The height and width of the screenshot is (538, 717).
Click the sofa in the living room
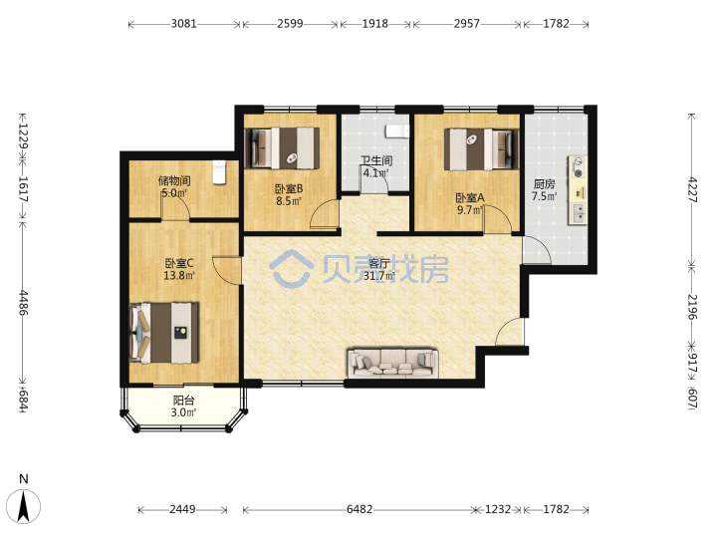pos(392,363)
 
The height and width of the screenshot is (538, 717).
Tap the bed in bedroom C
pos(164,333)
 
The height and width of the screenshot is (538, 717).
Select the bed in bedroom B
pos(282,147)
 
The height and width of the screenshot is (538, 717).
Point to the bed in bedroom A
pos(482,149)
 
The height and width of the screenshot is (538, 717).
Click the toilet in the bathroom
pos(397,132)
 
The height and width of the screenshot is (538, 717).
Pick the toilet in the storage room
pos(219,172)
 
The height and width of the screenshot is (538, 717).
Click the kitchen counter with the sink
pos(578,190)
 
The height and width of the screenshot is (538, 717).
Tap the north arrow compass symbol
pos(24,505)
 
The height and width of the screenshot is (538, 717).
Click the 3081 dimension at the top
pos(184,23)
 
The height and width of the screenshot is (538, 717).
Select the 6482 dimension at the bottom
pos(359,509)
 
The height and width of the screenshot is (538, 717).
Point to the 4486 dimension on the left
pos(23,303)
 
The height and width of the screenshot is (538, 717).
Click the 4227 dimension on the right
pos(693,189)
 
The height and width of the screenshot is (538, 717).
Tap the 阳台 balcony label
pos(184,401)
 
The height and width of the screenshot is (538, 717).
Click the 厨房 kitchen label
pos(544,184)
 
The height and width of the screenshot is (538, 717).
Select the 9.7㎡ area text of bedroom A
pos(470,210)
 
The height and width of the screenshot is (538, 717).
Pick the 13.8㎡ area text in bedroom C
pos(179,275)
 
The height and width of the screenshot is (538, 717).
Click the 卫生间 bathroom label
pos(375,160)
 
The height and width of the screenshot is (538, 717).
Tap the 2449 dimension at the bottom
pos(182,509)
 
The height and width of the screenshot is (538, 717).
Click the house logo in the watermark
pos(291,268)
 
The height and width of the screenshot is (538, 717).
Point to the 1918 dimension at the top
pos(375,23)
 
